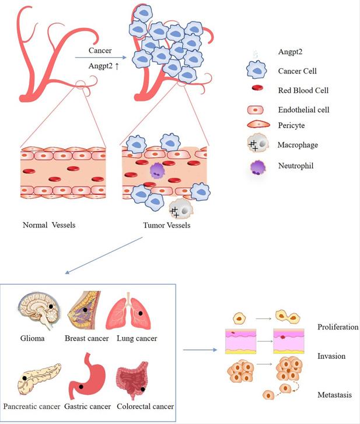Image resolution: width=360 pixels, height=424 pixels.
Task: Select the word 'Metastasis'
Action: (x=335, y=395)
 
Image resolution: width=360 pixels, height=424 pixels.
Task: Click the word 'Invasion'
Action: (x=331, y=355)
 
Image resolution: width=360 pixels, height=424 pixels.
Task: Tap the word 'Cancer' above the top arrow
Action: (x=100, y=51)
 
